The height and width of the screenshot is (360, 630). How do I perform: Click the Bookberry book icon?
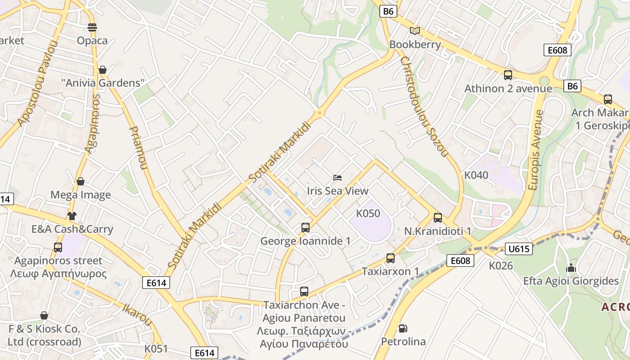tap(414, 31)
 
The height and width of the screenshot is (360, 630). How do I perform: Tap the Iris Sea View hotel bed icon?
tap(337, 178)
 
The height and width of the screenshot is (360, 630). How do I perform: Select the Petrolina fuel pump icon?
tap(403, 328)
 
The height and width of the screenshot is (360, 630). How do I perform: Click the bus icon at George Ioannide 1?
tap(306, 228)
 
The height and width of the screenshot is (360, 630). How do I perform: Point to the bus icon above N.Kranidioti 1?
tap(438, 218)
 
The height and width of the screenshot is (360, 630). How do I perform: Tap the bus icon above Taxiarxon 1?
tap(391, 258)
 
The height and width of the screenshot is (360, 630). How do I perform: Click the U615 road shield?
tap(519, 249)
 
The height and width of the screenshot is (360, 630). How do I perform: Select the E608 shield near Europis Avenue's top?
tap(557, 50)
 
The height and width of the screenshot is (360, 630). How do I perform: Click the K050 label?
tap(368, 213)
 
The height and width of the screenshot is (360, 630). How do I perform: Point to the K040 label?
tap(476, 175)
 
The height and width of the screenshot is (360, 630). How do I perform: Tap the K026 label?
tap(501, 266)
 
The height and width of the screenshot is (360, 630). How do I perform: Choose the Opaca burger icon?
tap(92, 27)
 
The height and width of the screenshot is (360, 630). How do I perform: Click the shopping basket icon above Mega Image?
tap(81, 181)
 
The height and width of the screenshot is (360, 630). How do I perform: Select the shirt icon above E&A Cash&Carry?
tap(72, 216)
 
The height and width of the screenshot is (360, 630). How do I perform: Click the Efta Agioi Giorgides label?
tap(571, 281)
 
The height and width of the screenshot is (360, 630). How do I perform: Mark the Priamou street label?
tap(138, 148)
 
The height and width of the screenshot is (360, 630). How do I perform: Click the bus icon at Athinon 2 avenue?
tap(508, 75)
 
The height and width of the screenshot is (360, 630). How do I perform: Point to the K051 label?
tap(156, 349)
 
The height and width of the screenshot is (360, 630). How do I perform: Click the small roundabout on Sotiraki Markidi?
tap(319, 112)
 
